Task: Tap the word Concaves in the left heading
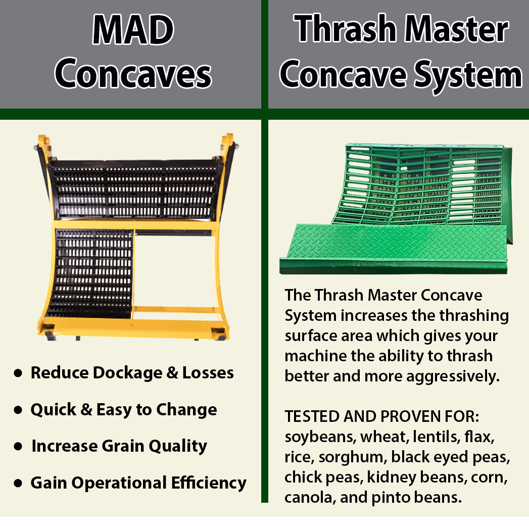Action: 133,74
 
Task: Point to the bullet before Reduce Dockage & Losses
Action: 18,373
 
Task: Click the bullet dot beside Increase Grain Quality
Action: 18,447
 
